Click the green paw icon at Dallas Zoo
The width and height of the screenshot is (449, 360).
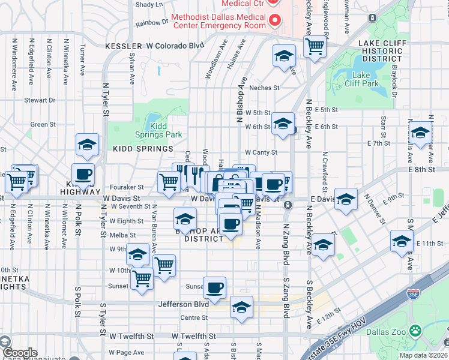click(415, 331)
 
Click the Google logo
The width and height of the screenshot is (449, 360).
click(20, 353)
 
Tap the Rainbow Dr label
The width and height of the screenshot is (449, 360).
click(152, 22)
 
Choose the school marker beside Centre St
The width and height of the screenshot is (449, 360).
click(241, 308)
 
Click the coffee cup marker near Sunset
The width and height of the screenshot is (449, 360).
click(214, 288)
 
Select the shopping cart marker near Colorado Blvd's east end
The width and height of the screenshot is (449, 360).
click(315, 47)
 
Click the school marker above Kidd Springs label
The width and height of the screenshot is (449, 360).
click(87, 145)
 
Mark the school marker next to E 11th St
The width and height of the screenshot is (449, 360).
click(402, 242)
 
